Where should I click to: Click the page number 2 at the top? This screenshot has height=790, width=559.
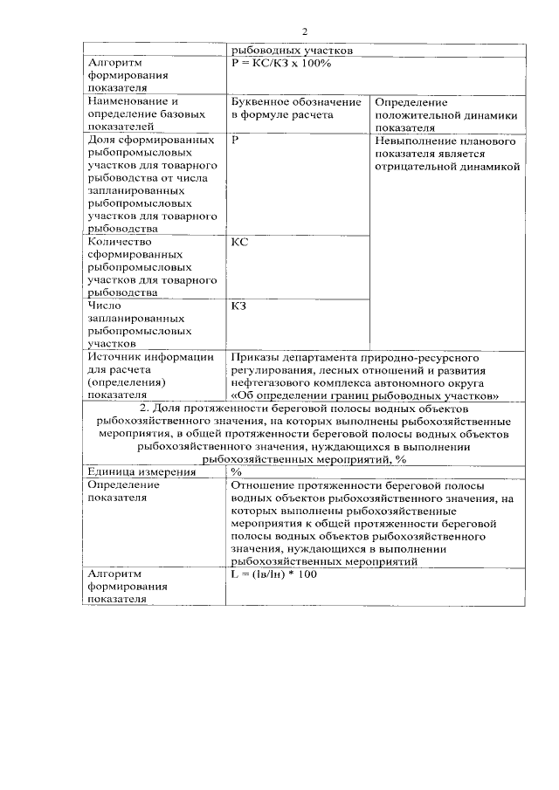305,32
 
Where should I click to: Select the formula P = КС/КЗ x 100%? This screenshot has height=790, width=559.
281,64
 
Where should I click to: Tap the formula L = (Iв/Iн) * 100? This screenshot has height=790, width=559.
275,575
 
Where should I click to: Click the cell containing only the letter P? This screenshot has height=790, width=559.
236,141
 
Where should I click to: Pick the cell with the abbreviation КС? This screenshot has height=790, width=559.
239,242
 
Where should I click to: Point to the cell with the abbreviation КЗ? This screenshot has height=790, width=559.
239,306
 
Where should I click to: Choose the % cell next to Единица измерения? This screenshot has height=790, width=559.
236,472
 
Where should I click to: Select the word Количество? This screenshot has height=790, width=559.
121,242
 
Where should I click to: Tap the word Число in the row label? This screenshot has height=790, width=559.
105,306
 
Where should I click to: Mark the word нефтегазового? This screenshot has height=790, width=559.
272,382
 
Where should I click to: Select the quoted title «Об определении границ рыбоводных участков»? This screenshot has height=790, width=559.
363,395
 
